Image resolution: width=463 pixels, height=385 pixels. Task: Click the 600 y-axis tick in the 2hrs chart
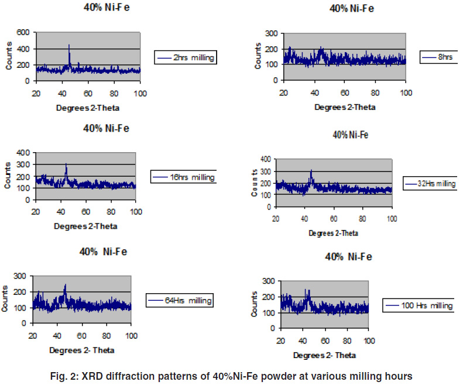click(x=24, y=33)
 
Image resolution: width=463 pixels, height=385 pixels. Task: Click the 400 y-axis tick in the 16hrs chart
click(x=24, y=153)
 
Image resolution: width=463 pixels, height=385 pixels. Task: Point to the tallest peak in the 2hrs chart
click(x=69, y=46)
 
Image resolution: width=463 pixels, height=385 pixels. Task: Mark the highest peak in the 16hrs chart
click(x=66, y=164)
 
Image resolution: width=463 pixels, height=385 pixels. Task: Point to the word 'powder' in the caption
click(x=289, y=376)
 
